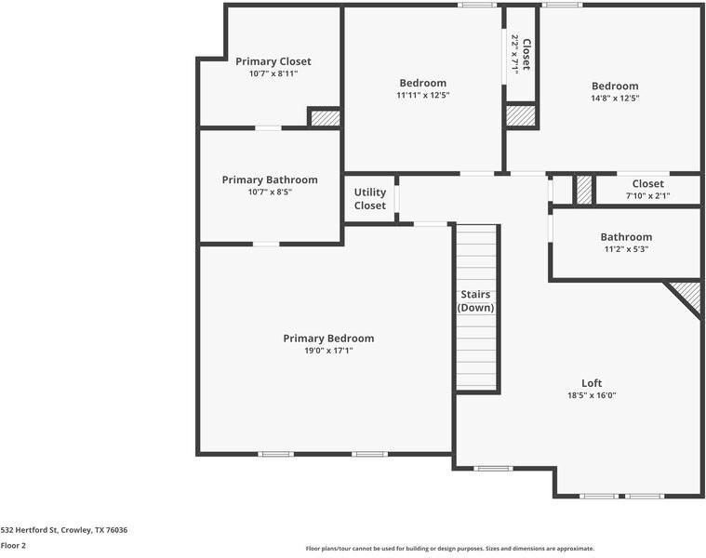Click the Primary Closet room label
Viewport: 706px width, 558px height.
point(273,61)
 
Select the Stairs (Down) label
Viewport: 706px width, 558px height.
point(476,301)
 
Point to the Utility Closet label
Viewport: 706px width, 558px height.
point(369,199)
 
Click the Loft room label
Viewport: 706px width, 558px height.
point(592,383)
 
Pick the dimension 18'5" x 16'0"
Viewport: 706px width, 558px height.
point(592,395)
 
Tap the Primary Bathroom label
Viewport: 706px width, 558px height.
point(270,179)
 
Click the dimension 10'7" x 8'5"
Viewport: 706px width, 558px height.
point(270,192)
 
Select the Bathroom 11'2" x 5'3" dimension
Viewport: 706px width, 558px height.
point(626,248)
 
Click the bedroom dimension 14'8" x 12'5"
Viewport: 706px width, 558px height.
point(615,98)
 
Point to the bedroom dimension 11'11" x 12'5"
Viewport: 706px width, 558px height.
point(422,95)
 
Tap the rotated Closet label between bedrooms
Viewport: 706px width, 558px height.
point(526,54)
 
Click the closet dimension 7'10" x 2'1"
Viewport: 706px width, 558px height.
point(647,196)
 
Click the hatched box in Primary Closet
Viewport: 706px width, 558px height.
point(325,118)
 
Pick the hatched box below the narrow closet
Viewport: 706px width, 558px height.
point(521,116)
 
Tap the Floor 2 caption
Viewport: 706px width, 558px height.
point(13,545)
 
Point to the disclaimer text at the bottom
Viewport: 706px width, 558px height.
point(449,549)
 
